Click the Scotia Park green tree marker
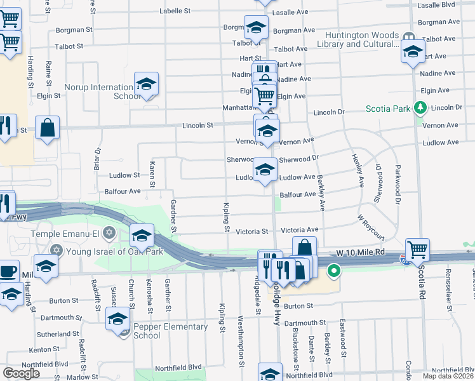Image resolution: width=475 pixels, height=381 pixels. pos(419,109)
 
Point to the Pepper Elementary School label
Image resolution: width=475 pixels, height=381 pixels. pos(170,331)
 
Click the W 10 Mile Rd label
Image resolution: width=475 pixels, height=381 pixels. pos(361,253)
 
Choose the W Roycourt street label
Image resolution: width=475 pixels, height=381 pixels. pos(371,226)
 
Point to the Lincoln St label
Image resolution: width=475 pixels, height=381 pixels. pos(197,126)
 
